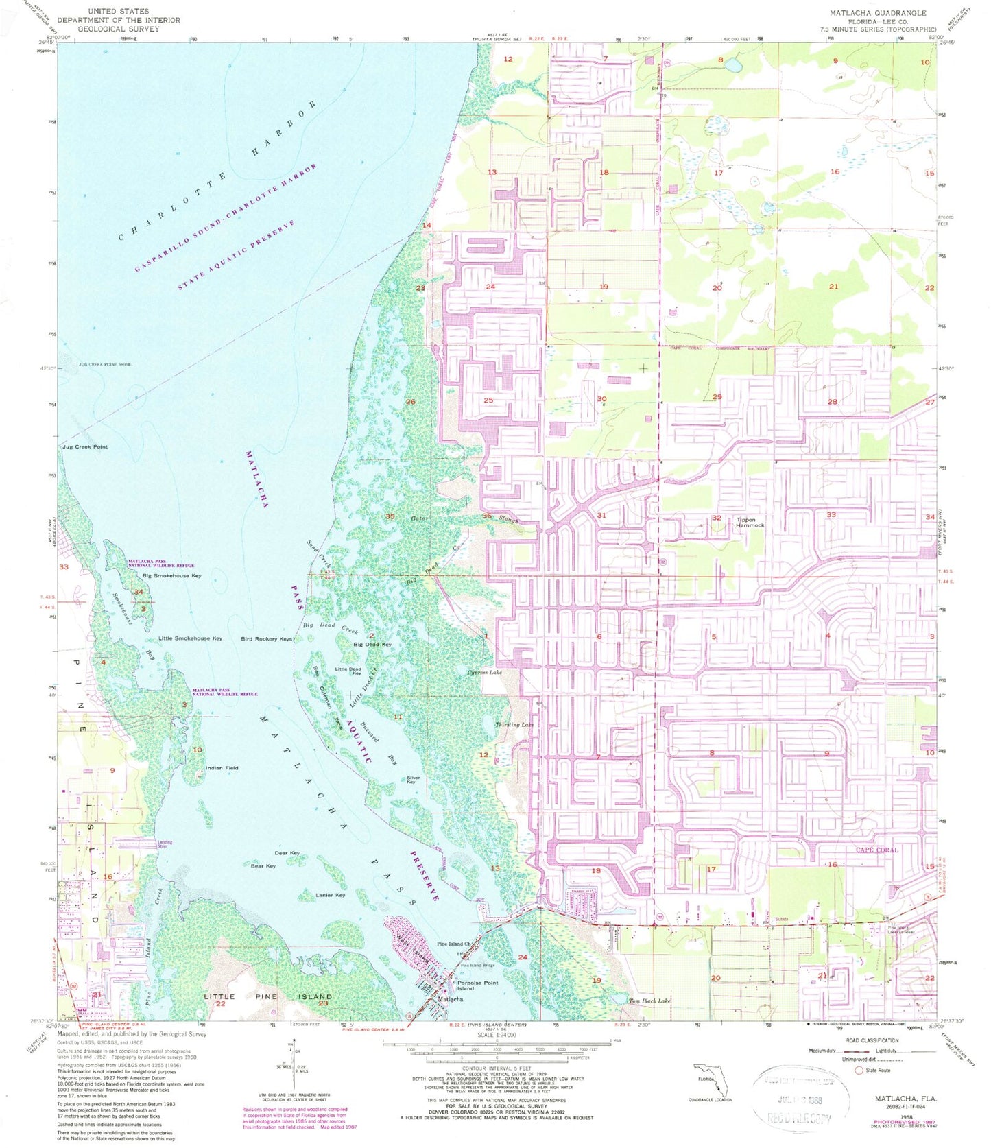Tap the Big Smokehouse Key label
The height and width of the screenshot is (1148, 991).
[171, 576]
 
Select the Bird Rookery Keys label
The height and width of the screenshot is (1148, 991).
[266, 639]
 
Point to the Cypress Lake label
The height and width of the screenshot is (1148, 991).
[485, 673]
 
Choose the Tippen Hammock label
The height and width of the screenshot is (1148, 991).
[750, 522]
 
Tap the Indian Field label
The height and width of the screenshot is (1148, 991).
[222, 768]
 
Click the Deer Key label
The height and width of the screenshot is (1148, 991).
[287, 853]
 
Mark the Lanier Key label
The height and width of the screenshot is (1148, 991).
[330, 895]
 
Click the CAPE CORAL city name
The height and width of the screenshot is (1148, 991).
[876, 850]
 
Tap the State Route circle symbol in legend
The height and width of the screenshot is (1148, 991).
[858, 1070]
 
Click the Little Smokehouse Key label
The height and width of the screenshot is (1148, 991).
[190, 638]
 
